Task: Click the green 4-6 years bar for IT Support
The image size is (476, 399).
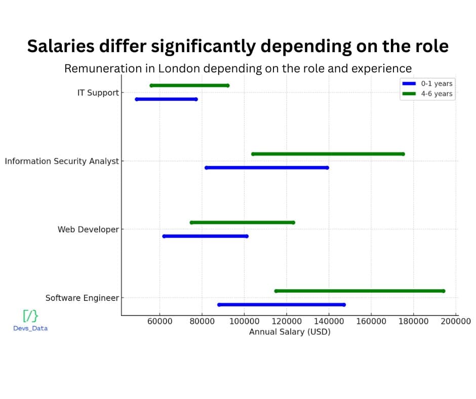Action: (190, 86)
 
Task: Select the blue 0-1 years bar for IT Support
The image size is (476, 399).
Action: (167, 99)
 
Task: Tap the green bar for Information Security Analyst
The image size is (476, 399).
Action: (328, 154)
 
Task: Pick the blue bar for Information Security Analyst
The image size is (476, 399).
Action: (266, 168)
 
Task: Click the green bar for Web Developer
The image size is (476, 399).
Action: (242, 222)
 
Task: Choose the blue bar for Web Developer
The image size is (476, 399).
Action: (205, 236)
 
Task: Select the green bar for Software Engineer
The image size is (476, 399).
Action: (360, 291)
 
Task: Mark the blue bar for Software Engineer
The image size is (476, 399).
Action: (281, 305)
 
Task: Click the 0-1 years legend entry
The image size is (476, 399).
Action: (427, 84)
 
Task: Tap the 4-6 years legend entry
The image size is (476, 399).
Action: (427, 94)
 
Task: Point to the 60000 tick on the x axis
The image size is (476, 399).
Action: (160, 321)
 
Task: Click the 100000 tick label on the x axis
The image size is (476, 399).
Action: (245, 321)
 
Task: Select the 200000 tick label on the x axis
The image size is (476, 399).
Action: (456, 321)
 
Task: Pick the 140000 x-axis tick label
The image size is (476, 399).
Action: (329, 321)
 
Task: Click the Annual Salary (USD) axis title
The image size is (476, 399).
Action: (290, 332)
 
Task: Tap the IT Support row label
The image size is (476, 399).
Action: (98, 93)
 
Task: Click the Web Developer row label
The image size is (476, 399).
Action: (88, 229)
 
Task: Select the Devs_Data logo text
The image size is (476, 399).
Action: (30, 328)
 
